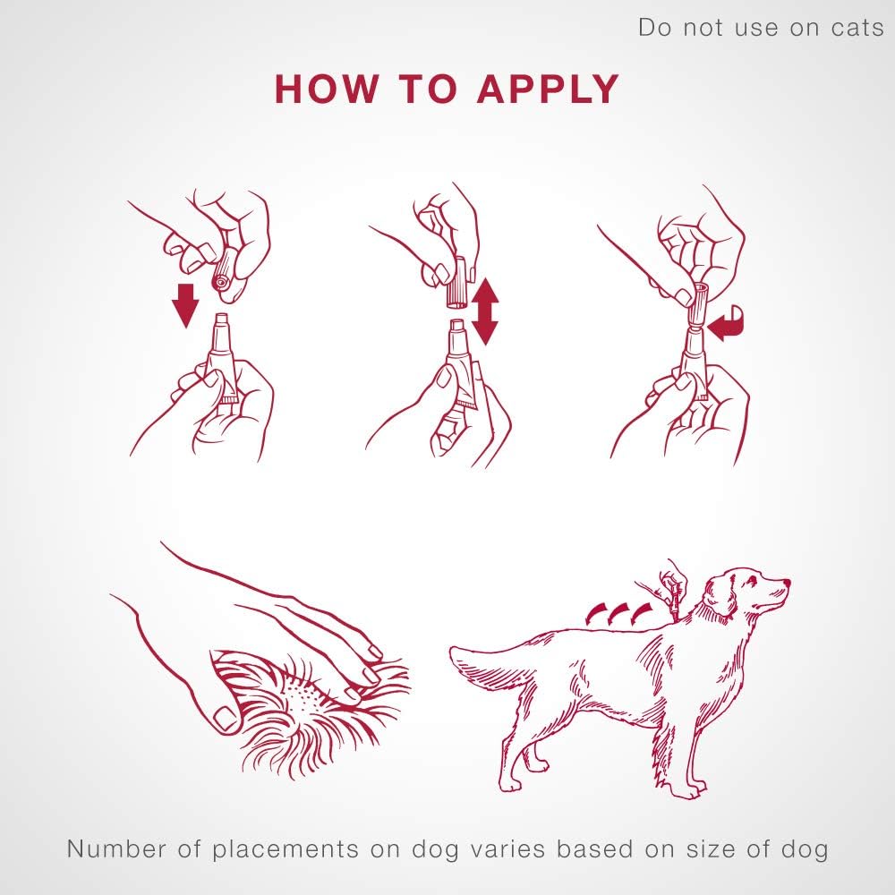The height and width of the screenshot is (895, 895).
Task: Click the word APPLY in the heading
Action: click(547, 89)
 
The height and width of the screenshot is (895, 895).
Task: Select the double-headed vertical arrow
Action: click(484, 311)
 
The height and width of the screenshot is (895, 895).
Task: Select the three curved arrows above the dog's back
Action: click(617, 613)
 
